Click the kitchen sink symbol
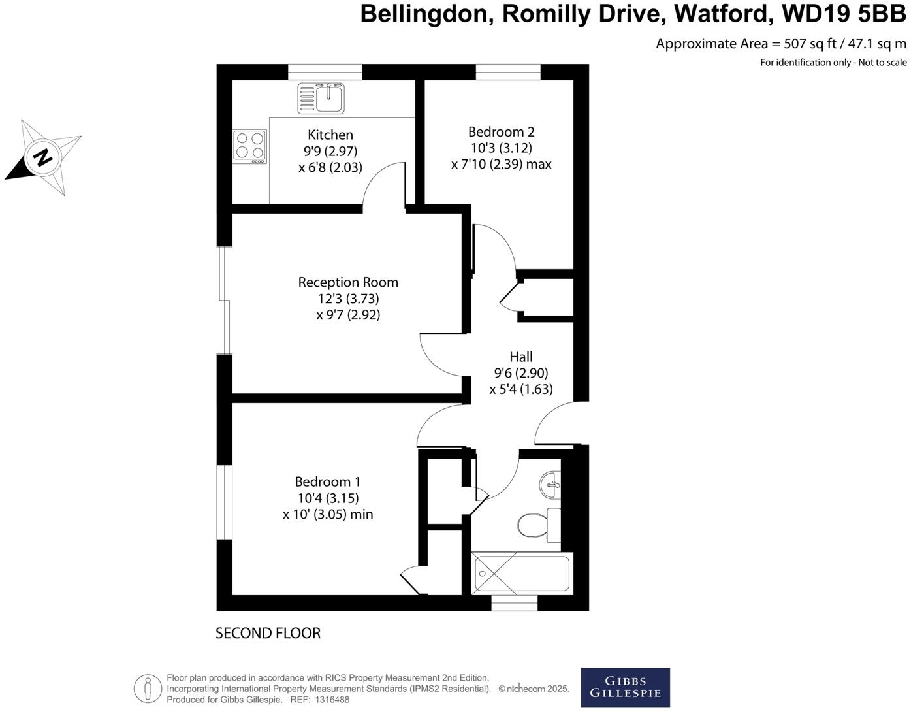[321, 98]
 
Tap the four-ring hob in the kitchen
[250, 146]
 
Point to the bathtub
[521, 573]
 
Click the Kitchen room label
[330, 135]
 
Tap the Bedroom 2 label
[501, 132]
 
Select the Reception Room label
[348, 282]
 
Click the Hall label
[521, 357]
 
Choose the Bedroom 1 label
[327, 481]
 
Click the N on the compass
[43, 157]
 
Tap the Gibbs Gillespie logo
[625, 687]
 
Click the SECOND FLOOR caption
[268, 633]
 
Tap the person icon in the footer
[148, 689]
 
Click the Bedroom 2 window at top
[508, 72]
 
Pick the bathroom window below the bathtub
[514, 602]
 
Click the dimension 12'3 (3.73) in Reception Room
[348, 299]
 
